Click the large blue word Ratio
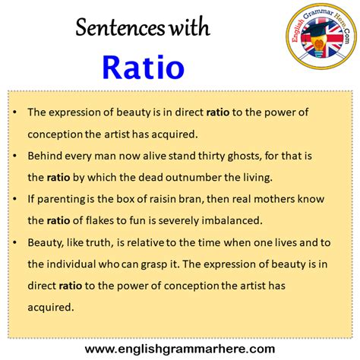144,67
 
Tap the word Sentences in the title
120,27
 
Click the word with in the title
190,27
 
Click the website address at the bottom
180,349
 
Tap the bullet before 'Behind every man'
15,156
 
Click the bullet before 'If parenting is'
15,199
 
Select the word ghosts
245,156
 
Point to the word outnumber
194,177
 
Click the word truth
99,242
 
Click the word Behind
45,156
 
